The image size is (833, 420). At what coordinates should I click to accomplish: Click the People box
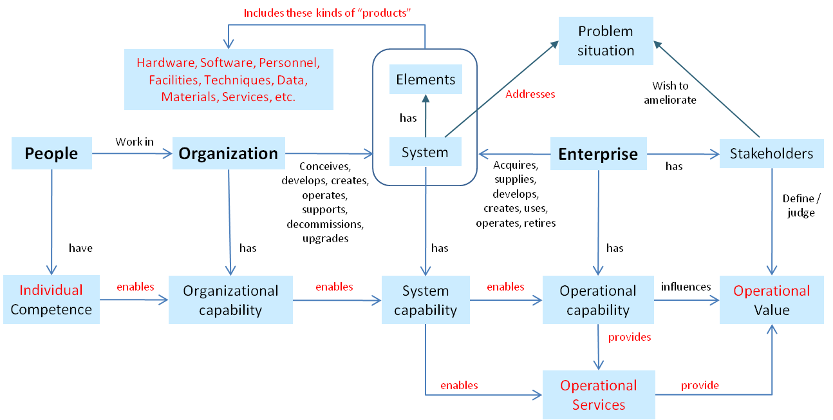pos(51,153)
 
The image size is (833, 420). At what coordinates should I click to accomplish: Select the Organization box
pos(229,153)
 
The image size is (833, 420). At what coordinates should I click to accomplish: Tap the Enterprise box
pos(598,154)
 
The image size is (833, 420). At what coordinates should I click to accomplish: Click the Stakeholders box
pos(771,154)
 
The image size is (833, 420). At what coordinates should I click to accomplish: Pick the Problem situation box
pos(606,41)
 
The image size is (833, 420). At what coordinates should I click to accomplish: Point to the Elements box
pos(426,80)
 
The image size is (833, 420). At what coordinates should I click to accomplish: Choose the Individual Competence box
pos(51,300)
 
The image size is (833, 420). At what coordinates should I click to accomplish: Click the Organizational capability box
pos(230,300)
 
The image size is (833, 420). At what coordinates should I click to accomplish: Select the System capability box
pos(426,300)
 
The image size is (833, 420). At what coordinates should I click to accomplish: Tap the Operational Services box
pos(599,395)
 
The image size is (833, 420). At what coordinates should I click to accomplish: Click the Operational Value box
pos(771,300)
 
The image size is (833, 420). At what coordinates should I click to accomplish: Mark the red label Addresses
pos(530,94)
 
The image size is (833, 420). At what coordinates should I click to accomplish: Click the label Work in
pos(135,141)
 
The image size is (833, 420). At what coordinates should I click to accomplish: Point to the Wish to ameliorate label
pos(670,93)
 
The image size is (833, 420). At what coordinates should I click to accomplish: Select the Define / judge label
pos(799,205)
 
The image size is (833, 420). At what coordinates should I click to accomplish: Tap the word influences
pos(686,286)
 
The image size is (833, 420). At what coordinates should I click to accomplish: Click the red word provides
pos(630,337)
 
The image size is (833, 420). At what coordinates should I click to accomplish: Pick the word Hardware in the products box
pos(165,63)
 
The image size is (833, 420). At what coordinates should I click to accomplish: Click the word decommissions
pos(326,224)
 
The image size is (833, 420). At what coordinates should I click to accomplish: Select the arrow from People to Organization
pos(132,153)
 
